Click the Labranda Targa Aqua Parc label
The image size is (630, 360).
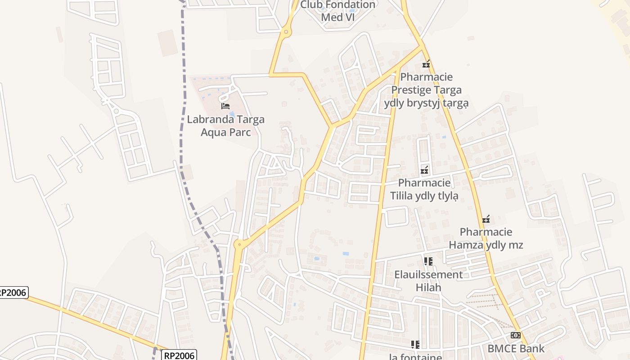coord(225,126)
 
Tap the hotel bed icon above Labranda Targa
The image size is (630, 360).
coord(225,106)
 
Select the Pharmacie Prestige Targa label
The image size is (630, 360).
coord(426,90)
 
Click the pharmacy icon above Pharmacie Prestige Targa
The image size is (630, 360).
coord(426,64)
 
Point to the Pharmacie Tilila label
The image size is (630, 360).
coord(424,189)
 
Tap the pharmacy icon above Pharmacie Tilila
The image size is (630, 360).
coord(424,170)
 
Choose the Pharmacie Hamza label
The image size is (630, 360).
coord(486,238)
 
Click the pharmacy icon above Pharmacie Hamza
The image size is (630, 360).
coord(486,220)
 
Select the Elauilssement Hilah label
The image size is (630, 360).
coord(428,281)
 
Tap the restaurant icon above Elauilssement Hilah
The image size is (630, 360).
coord(428,261)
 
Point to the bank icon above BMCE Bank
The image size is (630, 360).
coord(516,335)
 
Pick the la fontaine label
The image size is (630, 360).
coord(415,357)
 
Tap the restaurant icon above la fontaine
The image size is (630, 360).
coord(415,345)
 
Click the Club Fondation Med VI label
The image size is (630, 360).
coord(337,11)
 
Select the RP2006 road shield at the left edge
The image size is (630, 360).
coord(13,292)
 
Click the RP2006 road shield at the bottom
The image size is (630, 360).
coord(179,355)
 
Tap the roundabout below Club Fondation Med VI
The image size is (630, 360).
coord(285,31)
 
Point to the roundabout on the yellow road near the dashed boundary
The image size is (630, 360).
coord(239,244)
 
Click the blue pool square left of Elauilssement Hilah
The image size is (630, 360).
coord(346,254)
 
